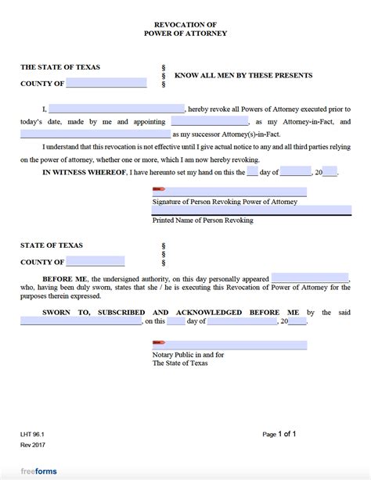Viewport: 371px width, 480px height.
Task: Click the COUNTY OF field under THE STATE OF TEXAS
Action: click(106, 83)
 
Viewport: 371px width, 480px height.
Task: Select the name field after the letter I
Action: click(117, 109)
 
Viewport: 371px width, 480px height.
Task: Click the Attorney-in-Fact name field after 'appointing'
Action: click(209, 121)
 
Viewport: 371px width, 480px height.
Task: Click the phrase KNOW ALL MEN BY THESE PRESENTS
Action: click(243, 76)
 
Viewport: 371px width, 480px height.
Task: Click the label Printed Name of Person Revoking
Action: click(203, 220)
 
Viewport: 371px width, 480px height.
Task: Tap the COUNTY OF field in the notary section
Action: click(95, 261)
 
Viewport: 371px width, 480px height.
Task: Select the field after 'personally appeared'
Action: click(310, 278)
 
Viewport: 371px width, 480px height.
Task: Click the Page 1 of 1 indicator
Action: click(279, 433)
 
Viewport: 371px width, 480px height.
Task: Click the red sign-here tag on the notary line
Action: click(159, 342)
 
